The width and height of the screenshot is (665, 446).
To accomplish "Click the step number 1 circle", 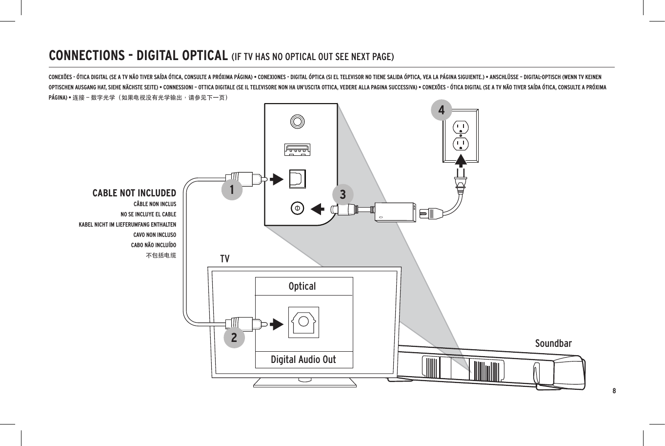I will click(232, 189).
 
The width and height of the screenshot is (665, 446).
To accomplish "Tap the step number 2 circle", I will click(234, 338).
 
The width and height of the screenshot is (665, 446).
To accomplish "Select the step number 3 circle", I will click(343, 194).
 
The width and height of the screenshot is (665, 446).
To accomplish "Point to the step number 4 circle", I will click(442, 110).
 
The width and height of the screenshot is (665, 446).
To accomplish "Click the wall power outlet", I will click(461, 136).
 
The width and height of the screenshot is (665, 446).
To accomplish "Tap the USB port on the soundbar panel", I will click(297, 149).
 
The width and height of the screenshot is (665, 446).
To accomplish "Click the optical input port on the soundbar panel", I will click(297, 179).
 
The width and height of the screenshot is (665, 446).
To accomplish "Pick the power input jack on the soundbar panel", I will click(297, 208).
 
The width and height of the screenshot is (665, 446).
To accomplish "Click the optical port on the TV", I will click(303, 322).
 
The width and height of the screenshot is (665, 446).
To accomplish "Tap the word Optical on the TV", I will click(302, 286).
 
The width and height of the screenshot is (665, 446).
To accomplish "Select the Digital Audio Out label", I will click(303, 360).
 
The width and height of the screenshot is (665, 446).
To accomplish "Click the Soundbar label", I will click(553, 343).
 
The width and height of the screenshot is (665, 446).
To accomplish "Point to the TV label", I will click(224, 259).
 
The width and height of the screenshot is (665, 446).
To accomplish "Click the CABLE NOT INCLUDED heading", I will click(134, 193).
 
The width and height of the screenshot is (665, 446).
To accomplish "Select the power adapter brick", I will click(396, 212).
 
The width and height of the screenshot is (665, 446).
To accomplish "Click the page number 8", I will click(614, 391).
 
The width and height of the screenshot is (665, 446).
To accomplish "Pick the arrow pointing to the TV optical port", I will click(277, 324).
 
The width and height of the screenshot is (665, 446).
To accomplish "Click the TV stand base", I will click(304, 382).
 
